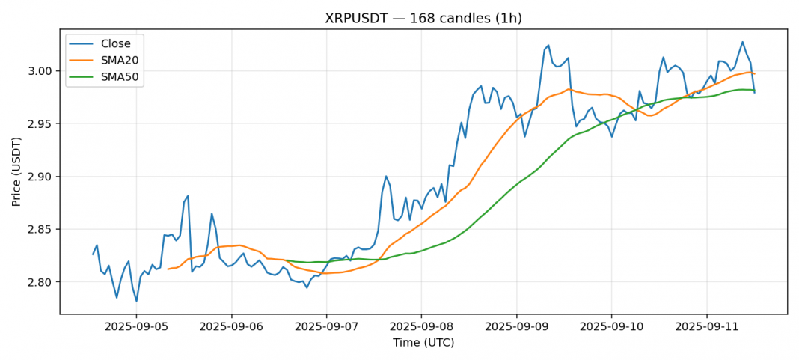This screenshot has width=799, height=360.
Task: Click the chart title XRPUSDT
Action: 423,18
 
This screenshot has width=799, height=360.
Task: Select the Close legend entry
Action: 115,43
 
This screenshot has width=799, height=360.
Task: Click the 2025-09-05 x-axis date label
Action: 136,327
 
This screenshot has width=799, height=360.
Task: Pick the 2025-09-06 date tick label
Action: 231,327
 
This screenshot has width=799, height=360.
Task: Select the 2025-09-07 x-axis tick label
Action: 326,327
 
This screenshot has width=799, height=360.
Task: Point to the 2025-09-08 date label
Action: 421,327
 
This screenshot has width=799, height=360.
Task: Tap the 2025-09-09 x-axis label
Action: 516,327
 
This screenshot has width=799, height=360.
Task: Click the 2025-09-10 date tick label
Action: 611,327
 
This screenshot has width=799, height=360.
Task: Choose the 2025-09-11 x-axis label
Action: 706,327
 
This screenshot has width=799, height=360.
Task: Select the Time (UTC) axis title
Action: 423,343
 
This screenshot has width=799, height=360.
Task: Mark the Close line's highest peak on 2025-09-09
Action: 548,45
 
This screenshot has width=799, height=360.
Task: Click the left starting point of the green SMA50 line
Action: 287,260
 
